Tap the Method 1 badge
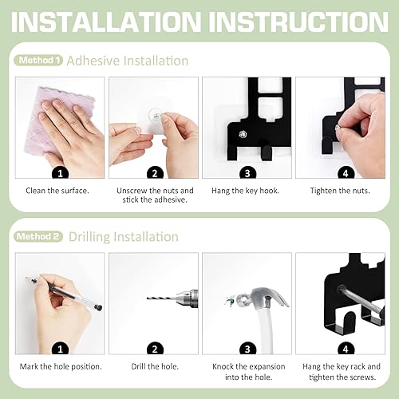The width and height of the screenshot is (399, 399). pyautogui.click(x=38, y=61)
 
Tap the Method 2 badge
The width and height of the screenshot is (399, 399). pyautogui.click(x=38, y=236)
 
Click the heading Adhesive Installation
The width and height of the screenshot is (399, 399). pyautogui.click(x=128, y=61)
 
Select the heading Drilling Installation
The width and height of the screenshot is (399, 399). pyautogui.click(x=123, y=236)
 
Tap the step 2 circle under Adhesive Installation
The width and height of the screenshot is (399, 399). pyautogui.click(x=152, y=172)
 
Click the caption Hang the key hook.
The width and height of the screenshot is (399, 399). pyautogui.click(x=246, y=192)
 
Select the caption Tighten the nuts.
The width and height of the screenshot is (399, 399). pyautogui.click(x=339, y=192)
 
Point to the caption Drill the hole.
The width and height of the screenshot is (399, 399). pyautogui.click(x=152, y=366)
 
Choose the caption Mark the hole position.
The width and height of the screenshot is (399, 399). pyautogui.click(x=59, y=366)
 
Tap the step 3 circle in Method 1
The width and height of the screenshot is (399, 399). pyautogui.click(x=246, y=172)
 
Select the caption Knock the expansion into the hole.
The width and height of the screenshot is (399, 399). pyautogui.click(x=246, y=371)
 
